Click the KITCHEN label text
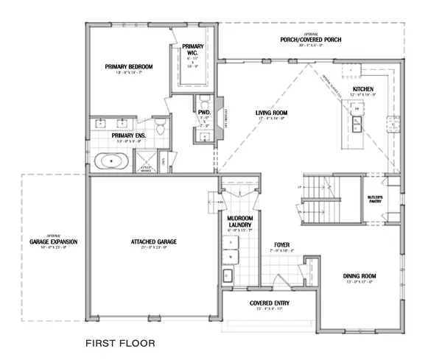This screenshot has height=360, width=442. click(363, 89)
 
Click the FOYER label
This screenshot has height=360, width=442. click(281, 244)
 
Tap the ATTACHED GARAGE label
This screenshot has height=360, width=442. click(153, 241)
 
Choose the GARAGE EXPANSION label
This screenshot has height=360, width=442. click(53, 241)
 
